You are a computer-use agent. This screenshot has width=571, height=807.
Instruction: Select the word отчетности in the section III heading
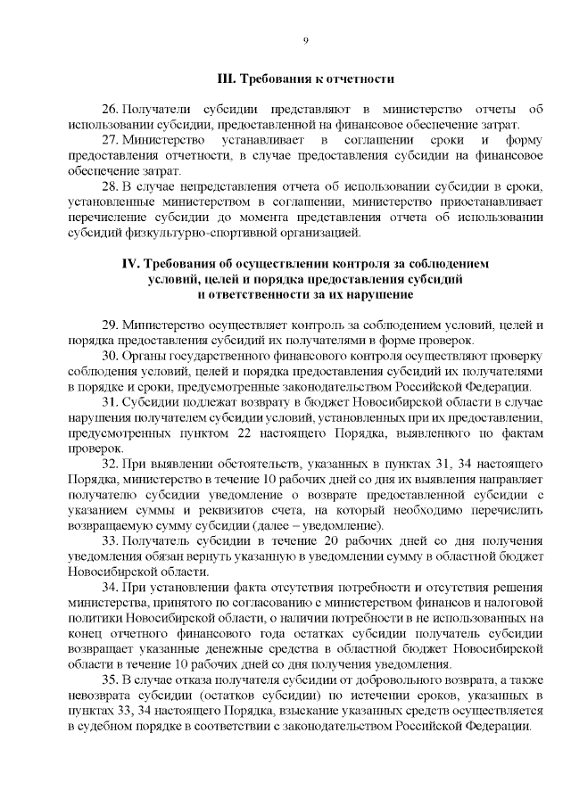pos(364,79)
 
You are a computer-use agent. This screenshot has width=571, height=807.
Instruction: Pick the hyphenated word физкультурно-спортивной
pos(181,234)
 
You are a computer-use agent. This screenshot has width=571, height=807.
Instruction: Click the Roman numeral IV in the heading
pos(129,265)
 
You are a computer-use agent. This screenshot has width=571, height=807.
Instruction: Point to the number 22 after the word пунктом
pos(227,434)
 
